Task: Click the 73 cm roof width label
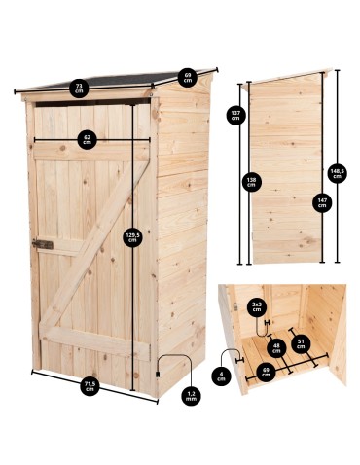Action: tap(77, 88)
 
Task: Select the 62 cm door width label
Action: tap(88, 139)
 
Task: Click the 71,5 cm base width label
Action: tap(89, 387)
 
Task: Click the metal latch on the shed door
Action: tap(42, 243)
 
